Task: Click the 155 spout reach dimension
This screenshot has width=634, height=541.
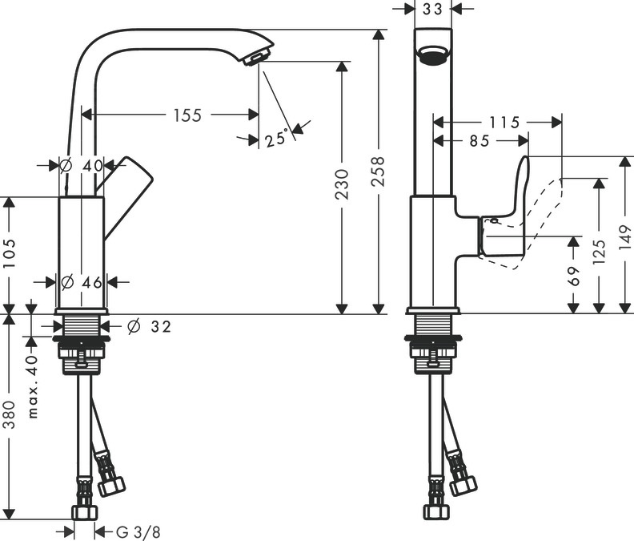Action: click(187, 115)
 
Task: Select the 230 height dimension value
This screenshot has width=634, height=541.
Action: click(343, 184)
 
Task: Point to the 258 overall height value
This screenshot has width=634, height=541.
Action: click(378, 172)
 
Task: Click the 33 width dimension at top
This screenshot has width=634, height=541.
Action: click(432, 10)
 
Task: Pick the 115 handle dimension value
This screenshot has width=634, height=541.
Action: click(504, 123)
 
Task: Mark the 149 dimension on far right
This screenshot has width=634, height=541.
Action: click(624, 236)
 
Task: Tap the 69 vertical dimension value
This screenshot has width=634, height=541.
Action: click(573, 277)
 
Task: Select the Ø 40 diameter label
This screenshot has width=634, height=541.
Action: click(82, 165)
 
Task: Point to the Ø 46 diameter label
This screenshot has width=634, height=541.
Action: click(82, 282)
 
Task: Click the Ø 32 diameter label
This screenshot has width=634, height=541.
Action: click(148, 326)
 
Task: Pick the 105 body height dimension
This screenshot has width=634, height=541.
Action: click(10, 254)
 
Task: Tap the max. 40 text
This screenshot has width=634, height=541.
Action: click(33, 386)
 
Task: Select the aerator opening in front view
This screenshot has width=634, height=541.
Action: click(432, 56)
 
